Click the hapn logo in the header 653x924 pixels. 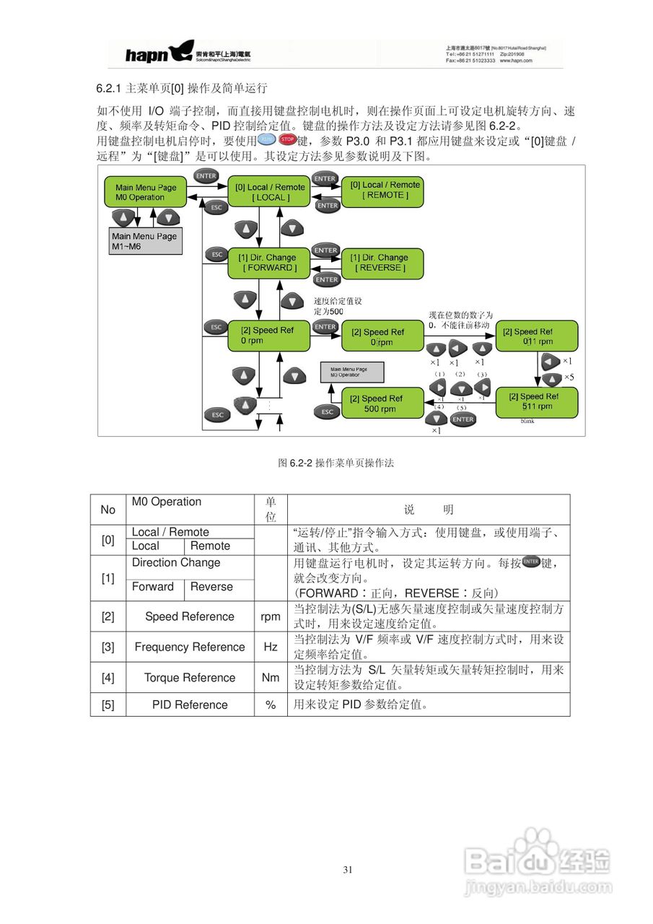pyautogui.click(x=148, y=53)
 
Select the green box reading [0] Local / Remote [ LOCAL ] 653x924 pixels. pyautogui.click(x=271, y=192)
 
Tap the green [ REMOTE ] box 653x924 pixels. pyautogui.click(x=385, y=190)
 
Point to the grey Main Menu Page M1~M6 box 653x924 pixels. pyautogui.click(x=144, y=241)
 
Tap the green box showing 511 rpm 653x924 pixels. pyautogui.click(x=537, y=401)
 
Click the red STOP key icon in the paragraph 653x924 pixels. pyautogui.click(x=287, y=139)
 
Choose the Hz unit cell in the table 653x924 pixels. pyautogui.click(x=271, y=648)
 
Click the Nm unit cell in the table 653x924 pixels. pyautogui.click(x=271, y=678)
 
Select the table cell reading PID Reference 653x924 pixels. pyautogui.click(x=190, y=705)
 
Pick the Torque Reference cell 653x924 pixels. pyautogui.click(x=190, y=678)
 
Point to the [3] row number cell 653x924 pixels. pyautogui.click(x=108, y=648)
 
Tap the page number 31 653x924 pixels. pyautogui.click(x=348, y=870)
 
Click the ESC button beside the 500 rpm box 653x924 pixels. pyautogui.click(x=328, y=411)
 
